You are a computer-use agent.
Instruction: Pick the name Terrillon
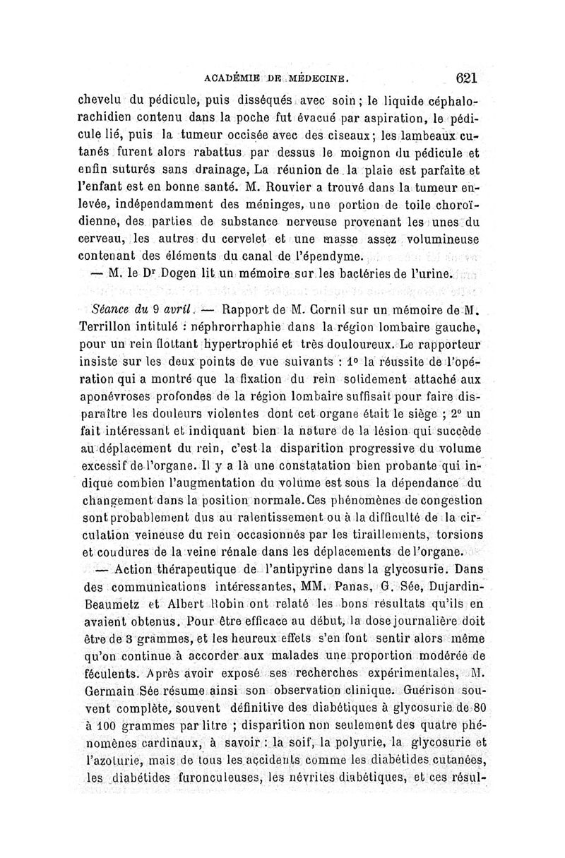(x=108, y=326)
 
